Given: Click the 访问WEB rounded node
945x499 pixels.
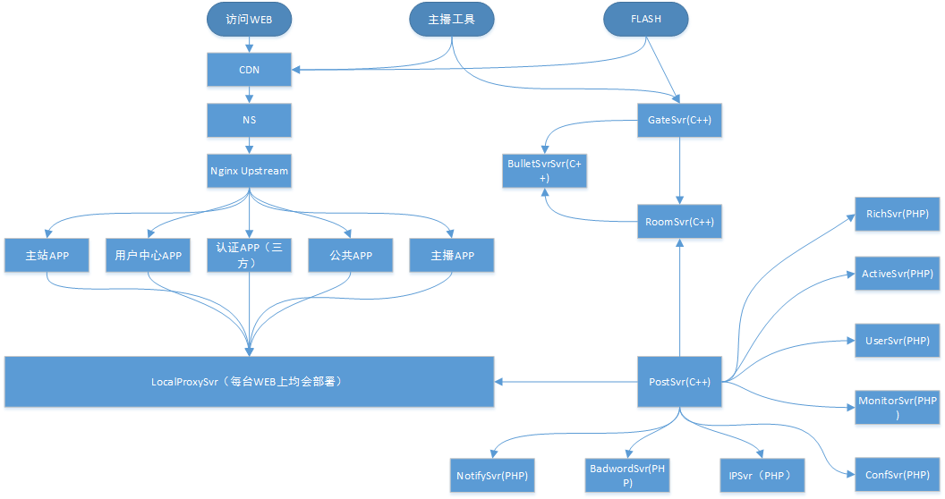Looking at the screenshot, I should point(249,19).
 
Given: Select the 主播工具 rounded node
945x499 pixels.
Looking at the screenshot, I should point(452,19).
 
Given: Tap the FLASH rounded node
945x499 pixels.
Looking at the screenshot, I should point(646,19).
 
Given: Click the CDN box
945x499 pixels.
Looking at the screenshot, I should point(249,69).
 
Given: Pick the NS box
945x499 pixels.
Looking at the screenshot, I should point(249,119).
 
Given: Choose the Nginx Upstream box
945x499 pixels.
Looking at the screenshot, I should point(249,170).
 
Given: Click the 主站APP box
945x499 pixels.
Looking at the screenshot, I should point(47,256).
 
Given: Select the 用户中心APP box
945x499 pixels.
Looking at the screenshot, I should point(149,256).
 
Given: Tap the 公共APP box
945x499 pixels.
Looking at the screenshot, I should point(351,256).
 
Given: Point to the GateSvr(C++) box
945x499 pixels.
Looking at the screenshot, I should point(679,119).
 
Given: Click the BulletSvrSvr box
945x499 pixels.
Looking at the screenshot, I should point(544,170).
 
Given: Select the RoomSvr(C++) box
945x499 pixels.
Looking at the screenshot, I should point(679,221).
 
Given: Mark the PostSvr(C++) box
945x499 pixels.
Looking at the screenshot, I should point(679,382).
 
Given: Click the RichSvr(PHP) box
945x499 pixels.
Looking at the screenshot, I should point(898,215).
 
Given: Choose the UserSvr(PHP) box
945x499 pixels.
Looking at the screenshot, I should point(898,341).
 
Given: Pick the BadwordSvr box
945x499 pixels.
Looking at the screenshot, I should point(628,474).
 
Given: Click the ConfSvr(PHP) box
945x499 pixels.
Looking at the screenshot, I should point(898,474).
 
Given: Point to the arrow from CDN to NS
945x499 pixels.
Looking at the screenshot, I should point(249,94).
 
